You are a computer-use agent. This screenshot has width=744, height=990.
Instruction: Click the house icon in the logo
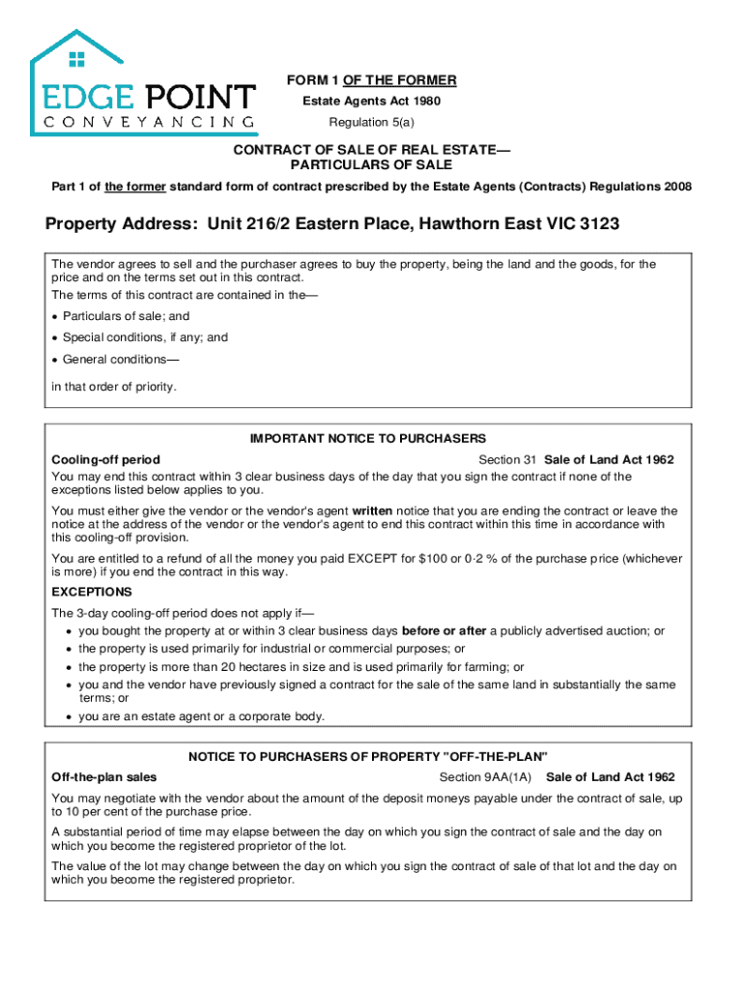pos(77,59)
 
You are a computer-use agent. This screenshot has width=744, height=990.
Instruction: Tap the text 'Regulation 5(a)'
pos(371,123)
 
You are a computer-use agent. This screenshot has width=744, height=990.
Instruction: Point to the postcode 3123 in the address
pos(599,224)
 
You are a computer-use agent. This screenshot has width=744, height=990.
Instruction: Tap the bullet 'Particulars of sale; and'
pos(126,316)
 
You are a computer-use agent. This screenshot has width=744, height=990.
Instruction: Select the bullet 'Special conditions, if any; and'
pos(145,337)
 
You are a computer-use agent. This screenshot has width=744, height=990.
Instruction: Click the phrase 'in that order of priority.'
pos(114,387)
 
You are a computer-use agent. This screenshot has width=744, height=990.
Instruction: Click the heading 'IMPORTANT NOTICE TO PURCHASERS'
pos(368,439)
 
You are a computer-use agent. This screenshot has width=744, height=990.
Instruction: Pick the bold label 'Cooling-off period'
pos(105,460)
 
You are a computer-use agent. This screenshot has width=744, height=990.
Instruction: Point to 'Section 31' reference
pos(508,460)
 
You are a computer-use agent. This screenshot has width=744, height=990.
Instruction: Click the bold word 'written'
pos(372,510)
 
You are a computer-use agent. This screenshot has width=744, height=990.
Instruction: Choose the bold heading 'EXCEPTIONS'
pos(92,592)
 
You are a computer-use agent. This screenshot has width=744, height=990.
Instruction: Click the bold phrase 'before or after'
pos(444,631)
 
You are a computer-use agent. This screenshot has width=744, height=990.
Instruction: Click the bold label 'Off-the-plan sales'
pos(104,777)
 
